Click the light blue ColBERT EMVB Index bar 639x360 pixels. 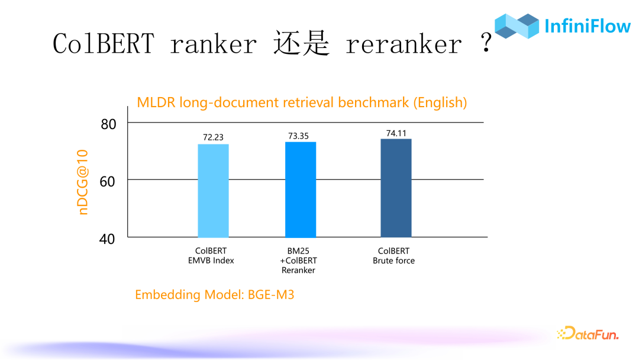pos(213,191)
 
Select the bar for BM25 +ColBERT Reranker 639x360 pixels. pos(301,189)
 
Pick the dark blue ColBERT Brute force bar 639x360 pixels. pos(396,188)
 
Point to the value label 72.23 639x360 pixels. pos(213,137)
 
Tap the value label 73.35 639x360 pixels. pos(298,136)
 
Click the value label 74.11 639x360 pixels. pos(396,133)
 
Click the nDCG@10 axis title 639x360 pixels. pos(83,181)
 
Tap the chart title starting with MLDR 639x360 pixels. pos(302,102)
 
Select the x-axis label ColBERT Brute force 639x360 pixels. pos(393,256)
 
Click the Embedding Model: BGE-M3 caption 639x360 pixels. pos(214,294)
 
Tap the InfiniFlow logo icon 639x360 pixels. pos(517,26)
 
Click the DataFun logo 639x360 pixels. pos(588,334)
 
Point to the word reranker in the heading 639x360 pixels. pos(403,44)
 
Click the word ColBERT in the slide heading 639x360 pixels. pos(104,44)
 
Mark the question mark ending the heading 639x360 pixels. pos(486,44)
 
